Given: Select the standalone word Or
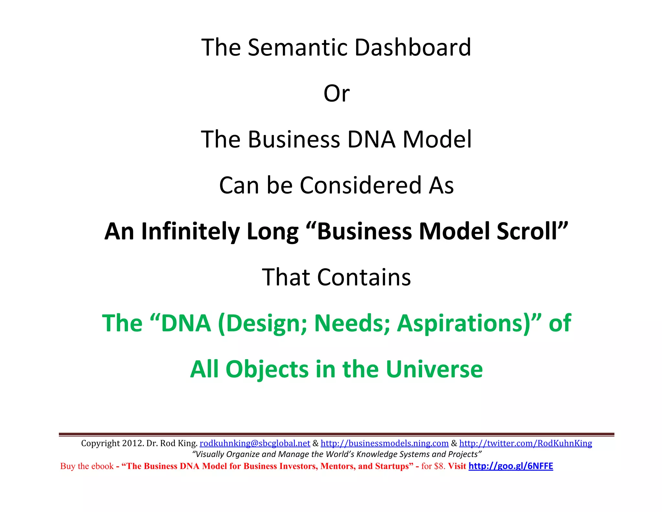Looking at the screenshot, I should tap(336, 94).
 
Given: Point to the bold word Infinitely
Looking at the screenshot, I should tap(190, 231).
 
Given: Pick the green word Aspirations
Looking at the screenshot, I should tap(463, 323).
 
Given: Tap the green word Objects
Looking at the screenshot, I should tap(267, 369).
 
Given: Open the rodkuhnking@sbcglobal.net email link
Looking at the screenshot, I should tap(255, 443).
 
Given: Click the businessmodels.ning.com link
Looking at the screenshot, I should tap(384, 443).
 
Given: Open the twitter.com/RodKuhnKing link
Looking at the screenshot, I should tap(526, 443).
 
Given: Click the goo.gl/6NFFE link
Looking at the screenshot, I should tap(511, 466).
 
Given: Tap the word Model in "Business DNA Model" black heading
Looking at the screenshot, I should tap(437, 139).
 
